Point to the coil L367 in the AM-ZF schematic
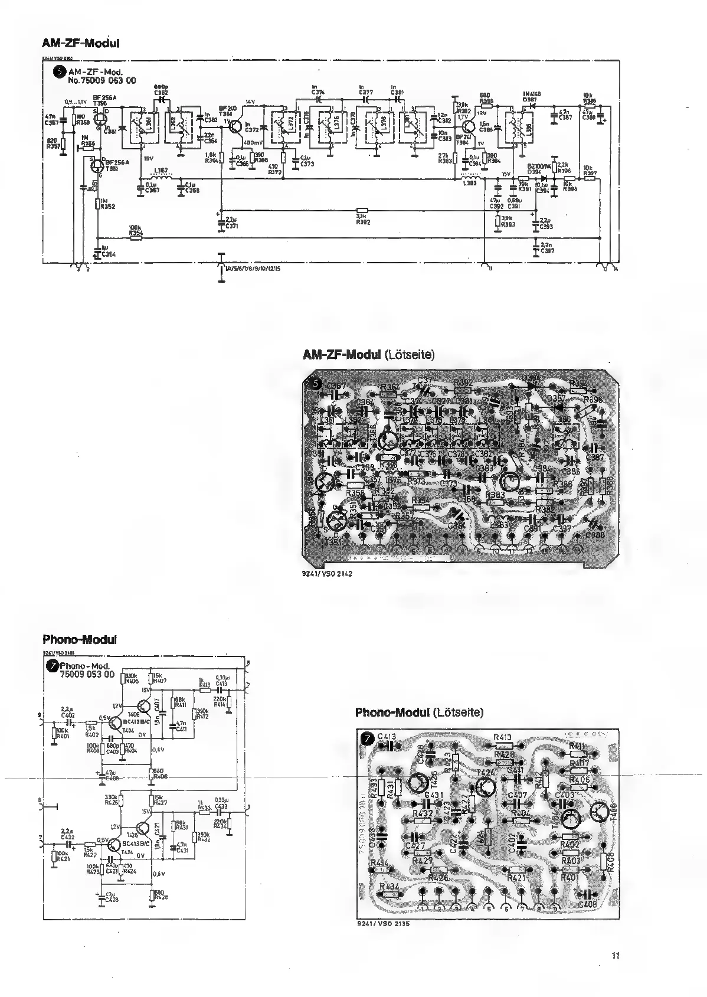[160, 177]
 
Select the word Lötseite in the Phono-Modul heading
[457, 712]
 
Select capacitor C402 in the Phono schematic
[68, 721]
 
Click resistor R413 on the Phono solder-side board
[503, 746]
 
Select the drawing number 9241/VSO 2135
[384, 924]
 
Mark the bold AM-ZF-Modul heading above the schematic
[81, 43]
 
